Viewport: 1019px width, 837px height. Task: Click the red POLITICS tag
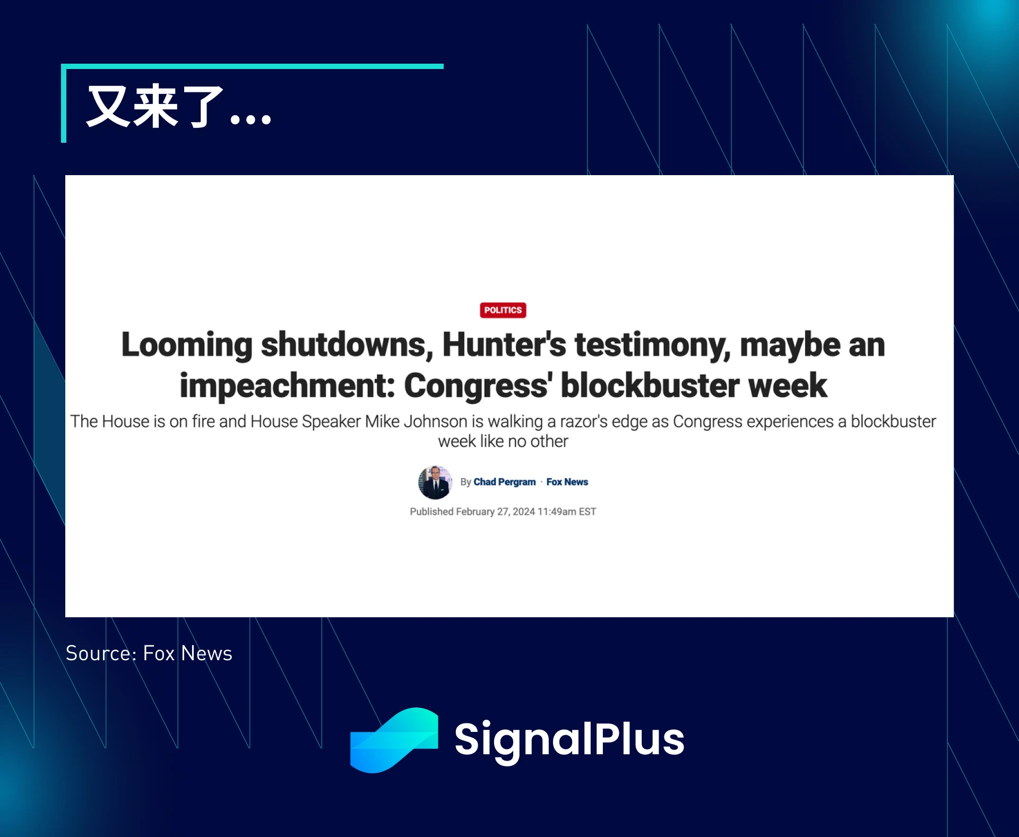(x=503, y=310)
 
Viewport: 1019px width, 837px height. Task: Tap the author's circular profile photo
(x=435, y=482)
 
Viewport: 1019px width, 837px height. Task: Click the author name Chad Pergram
(x=504, y=482)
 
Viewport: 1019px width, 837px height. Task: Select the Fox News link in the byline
(x=567, y=482)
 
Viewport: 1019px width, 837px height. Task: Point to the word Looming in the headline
(x=187, y=345)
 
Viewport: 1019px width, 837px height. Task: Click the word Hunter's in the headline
(x=504, y=345)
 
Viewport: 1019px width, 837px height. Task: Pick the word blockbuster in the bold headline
(x=650, y=386)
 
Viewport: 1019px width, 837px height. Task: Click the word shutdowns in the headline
(x=344, y=345)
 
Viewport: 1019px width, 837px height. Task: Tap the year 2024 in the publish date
(x=523, y=512)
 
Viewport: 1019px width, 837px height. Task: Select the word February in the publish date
(x=475, y=512)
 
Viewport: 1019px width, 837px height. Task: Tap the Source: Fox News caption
(x=149, y=653)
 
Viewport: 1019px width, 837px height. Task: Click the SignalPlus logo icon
(x=394, y=740)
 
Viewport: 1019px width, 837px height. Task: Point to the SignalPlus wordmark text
(x=569, y=739)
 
